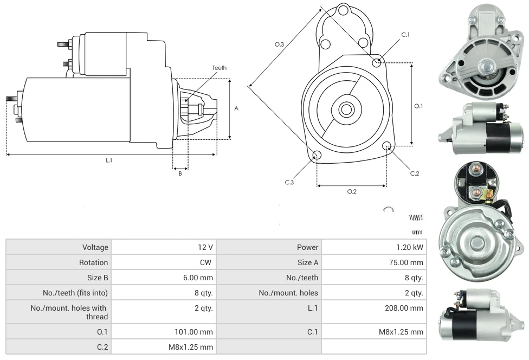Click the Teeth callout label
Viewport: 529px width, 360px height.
pos(219,68)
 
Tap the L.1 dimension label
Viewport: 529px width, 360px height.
pos(109,160)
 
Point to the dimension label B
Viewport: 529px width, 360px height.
pos(180,173)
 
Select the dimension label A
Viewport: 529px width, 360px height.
pos(236,108)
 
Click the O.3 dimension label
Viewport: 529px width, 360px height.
pos(280,44)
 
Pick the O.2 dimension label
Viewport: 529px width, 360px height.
pos(351,191)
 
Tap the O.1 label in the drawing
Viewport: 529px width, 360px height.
pos(418,106)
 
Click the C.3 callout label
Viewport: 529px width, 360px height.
pos(289,182)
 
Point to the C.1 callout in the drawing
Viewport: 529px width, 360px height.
pos(405,35)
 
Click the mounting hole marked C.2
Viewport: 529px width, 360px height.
pos(387,146)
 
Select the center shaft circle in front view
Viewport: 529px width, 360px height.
pos(345,109)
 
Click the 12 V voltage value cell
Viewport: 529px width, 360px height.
pos(205,247)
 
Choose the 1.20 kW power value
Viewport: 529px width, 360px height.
pos(410,247)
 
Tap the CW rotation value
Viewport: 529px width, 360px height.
pos(207,262)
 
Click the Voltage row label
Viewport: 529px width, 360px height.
pos(95,247)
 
